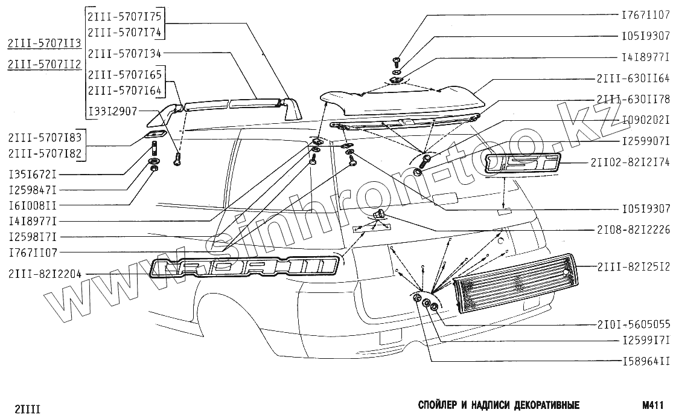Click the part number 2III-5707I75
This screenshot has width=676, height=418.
[126, 15]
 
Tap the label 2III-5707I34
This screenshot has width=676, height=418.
[126, 54]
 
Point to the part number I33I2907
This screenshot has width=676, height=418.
[112, 111]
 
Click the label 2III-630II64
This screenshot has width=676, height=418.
[633, 79]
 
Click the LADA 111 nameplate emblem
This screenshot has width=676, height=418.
[244, 268]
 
